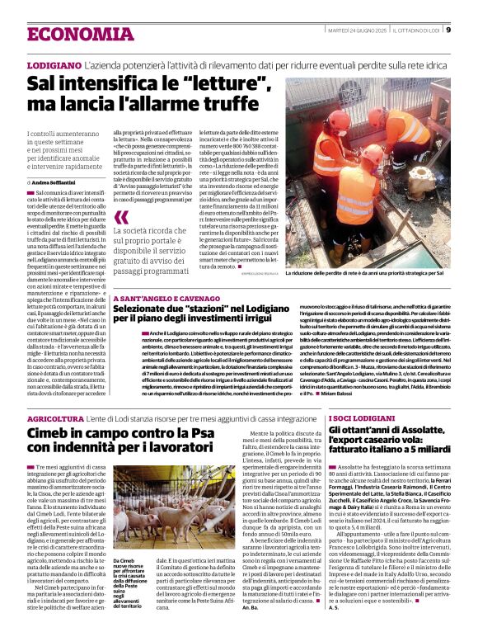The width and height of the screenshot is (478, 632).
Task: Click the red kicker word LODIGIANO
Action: pos(54,64)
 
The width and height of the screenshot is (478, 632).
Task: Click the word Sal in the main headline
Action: pos(42,83)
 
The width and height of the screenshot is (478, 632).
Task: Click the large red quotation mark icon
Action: pos(122,219)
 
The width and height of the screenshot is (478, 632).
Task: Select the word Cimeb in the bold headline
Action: pos(51,435)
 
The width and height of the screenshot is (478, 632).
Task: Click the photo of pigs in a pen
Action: pos(150,499)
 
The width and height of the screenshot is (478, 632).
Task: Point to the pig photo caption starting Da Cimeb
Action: pos(133,562)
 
